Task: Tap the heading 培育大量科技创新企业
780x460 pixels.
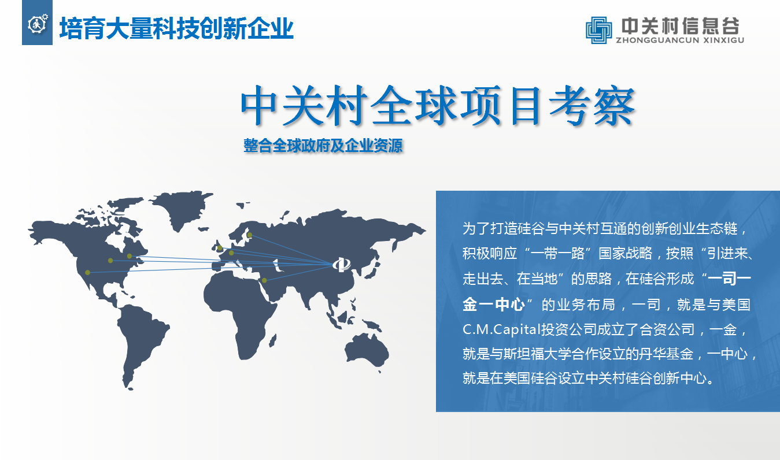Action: tap(176, 28)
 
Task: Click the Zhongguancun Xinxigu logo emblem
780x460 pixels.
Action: tap(598, 30)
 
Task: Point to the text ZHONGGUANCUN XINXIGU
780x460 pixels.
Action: tap(680, 40)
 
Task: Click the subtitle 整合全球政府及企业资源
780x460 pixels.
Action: tap(323, 146)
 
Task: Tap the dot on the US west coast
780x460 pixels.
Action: tap(88, 272)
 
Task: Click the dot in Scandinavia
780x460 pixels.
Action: tap(250, 235)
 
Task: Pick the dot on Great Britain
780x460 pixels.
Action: tap(220, 248)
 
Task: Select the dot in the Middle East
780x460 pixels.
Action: tap(264, 280)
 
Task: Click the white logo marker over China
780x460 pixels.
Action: tap(342, 265)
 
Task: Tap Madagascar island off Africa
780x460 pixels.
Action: tap(273, 340)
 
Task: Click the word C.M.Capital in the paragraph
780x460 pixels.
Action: tap(501, 329)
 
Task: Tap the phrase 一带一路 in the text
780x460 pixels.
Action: tap(557, 253)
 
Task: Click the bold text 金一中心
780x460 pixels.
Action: tap(493, 304)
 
